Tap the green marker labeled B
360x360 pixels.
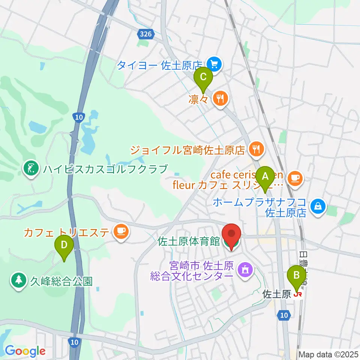point(296,275)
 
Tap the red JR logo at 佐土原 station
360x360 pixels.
point(298,295)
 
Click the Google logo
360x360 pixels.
point(25,351)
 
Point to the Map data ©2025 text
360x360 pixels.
point(328,354)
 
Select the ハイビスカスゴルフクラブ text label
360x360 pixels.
point(105,169)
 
